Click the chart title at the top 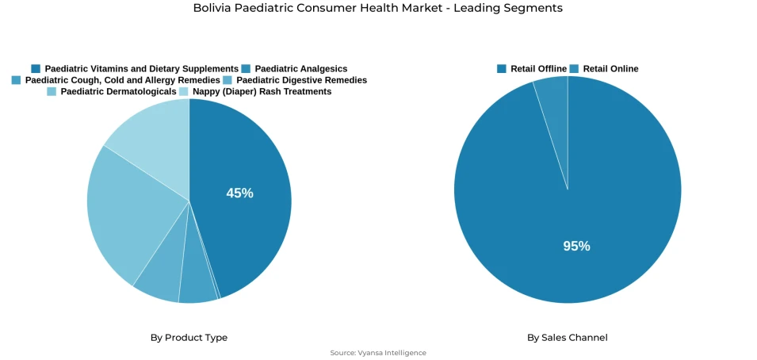pos(378,8)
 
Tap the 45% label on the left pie pos(239,193)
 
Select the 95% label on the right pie pos(576,246)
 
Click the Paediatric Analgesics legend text pos(300,69)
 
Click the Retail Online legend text pos(610,69)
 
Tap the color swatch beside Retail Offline pos(502,69)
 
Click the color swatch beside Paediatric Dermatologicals pos(52,92)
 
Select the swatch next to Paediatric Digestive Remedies pos(227,80)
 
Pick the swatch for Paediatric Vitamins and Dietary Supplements pos(36,69)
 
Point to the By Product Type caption pos(189,338)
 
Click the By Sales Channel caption pos(568,338)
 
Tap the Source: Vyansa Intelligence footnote pos(378,353)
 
